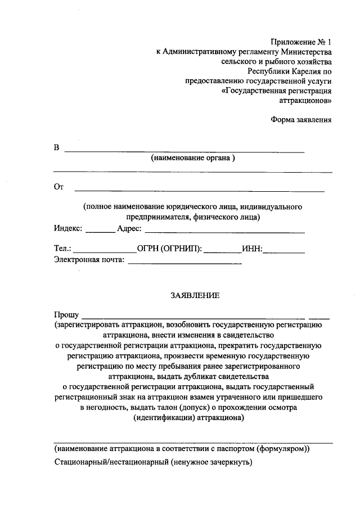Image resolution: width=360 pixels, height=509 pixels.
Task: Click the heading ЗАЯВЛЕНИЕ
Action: click(x=195, y=295)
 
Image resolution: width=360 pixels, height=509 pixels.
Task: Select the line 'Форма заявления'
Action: click(x=301, y=119)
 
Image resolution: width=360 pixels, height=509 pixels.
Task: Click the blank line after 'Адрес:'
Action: click(x=225, y=231)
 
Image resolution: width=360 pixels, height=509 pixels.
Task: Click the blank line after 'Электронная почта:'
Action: click(x=185, y=262)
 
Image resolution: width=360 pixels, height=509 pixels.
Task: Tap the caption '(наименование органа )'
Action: click(x=192, y=159)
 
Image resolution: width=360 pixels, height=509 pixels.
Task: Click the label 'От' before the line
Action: click(x=58, y=187)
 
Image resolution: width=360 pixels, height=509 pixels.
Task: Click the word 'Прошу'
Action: click(x=66, y=315)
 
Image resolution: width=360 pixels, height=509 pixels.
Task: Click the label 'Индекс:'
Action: click(x=69, y=229)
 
